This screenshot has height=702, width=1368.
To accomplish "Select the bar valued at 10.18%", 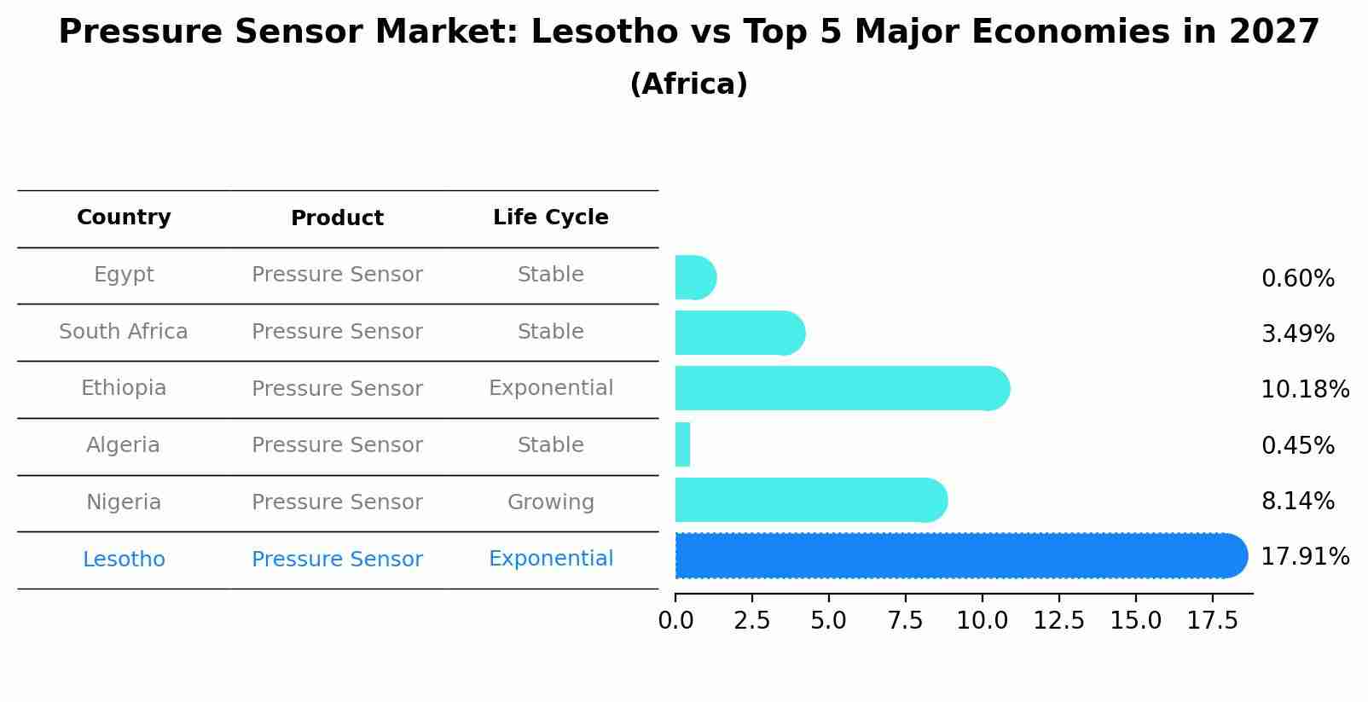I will [840, 388].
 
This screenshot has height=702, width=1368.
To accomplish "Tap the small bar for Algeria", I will [682, 444].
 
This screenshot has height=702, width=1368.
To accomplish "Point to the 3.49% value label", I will [1297, 334].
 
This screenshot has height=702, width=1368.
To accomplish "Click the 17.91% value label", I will [1304, 557].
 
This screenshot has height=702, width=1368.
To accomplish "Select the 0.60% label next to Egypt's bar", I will [1297, 279].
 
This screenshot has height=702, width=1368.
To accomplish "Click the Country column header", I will [124, 218].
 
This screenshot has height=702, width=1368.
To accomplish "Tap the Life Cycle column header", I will [550, 218].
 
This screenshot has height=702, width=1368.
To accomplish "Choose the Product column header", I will [337, 218].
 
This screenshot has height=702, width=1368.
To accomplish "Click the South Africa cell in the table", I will [124, 332].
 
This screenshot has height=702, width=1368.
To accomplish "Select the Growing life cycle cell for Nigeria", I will [550, 502].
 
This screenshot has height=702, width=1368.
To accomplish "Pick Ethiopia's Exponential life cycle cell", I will [550, 388].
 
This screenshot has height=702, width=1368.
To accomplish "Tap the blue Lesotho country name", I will [124, 560].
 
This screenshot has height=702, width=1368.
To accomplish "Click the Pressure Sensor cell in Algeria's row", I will [337, 445].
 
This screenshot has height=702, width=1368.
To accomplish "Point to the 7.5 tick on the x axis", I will [905, 621].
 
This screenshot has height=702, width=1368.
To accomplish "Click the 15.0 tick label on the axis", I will [1135, 621].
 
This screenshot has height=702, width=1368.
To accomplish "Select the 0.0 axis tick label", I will [675, 621].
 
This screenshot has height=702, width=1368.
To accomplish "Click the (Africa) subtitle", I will [688, 84].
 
